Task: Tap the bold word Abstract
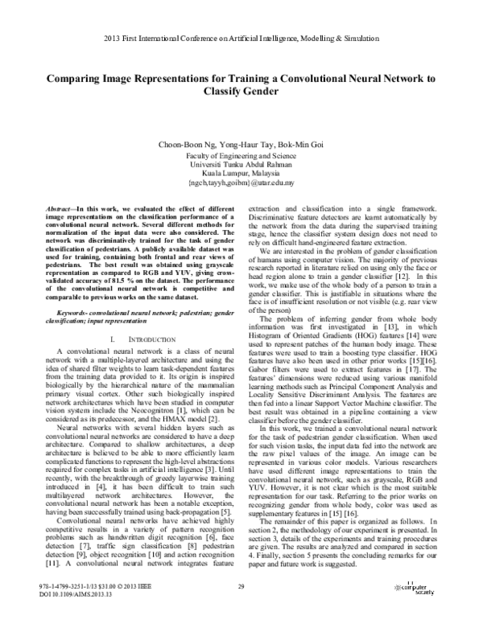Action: pos(61,207)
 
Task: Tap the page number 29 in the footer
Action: pos(241,610)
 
